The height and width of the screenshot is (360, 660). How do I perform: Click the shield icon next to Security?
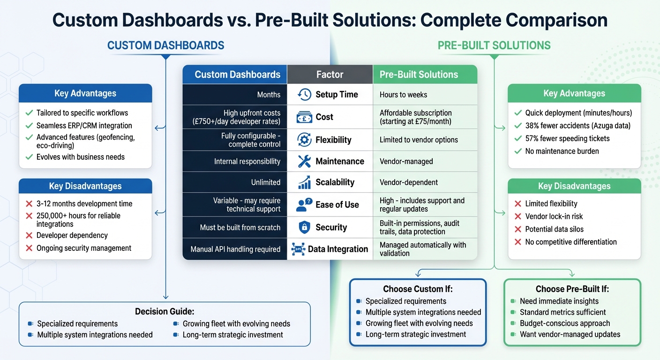pyautogui.click(x=304, y=227)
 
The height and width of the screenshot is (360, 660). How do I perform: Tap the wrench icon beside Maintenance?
pyautogui.click(x=304, y=161)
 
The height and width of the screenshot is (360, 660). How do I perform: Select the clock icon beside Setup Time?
pyautogui.click(x=304, y=94)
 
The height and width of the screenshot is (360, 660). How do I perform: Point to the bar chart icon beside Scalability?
pyautogui.click(x=304, y=182)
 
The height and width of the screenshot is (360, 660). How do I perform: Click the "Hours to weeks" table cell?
pyautogui.click(x=403, y=95)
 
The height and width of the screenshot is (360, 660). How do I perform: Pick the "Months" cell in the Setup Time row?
pyautogui.click(x=269, y=95)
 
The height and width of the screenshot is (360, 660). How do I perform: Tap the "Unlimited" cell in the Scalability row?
pyautogui.click(x=265, y=182)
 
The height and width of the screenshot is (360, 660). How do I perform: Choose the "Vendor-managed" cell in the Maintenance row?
pyautogui.click(x=406, y=161)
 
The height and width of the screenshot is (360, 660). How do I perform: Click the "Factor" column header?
pyautogui.click(x=330, y=75)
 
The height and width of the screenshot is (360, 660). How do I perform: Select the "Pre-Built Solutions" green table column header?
pyautogui.click(x=419, y=75)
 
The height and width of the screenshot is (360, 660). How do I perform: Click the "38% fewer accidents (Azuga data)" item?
pyautogui.click(x=577, y=126)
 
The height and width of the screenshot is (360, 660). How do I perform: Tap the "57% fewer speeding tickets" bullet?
pyautogui.click(x=567, y=138)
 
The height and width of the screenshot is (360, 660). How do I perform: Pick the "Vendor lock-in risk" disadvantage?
pyautogui.click(x=554, y=217)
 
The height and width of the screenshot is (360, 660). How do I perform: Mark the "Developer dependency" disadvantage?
pyautogui.click(x=72, y=235)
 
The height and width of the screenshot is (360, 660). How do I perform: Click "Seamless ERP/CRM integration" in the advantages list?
pyautogui.click(x=84, y=126)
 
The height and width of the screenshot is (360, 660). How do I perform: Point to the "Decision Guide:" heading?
pyautogui.click(x=165, y=312)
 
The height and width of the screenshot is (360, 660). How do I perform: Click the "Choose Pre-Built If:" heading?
pyautogui.click(x=572, y=289)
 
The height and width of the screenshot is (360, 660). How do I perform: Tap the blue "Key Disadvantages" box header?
pyautogui.click(x=85, y=186)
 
